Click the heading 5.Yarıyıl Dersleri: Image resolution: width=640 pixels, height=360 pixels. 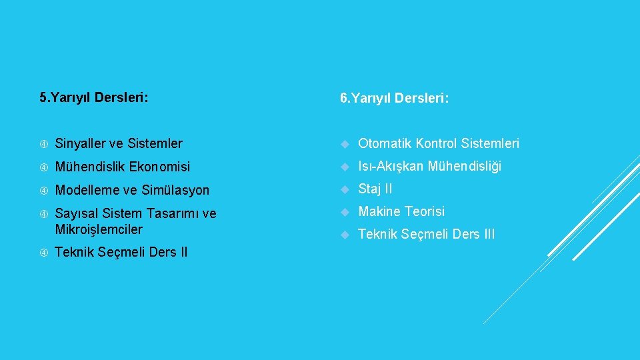point(94,98)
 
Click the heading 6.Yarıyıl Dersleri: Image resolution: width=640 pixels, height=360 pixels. point(394,99)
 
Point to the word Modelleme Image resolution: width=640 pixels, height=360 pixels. point(85,190)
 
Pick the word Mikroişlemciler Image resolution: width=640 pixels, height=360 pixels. point(99,229)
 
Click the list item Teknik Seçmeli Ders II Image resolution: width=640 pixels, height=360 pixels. point(121,252)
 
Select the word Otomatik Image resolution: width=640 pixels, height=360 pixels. point(385,143)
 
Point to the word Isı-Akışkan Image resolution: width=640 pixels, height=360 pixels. point(391,166)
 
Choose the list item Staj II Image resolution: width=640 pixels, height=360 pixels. point(375,189)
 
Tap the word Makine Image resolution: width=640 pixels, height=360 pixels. point(379,211)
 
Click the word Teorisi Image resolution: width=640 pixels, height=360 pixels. point(424,211)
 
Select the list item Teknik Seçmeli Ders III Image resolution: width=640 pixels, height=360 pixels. point(427,234)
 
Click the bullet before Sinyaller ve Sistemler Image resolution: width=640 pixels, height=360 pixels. point(43,144)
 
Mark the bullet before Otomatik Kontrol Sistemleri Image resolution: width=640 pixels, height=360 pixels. point(345,144)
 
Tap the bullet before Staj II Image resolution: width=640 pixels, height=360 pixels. point(345,189)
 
